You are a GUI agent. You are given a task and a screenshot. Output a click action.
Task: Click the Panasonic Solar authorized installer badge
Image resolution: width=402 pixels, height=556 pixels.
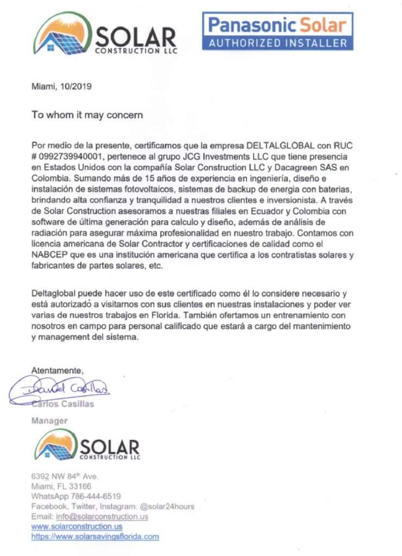(277, 31)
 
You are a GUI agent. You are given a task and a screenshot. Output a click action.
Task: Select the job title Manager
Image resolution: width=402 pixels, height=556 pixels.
(49, 420)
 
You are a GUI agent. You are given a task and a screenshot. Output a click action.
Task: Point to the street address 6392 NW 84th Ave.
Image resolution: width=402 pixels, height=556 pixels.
(65, 477)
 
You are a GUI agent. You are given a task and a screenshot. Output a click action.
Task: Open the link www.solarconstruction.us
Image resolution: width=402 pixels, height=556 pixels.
(77, 526)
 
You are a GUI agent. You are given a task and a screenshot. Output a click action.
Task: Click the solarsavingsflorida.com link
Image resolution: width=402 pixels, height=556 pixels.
(95, 536)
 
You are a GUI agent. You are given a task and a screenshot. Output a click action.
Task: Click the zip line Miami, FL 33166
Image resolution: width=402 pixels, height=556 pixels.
(61, 486)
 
